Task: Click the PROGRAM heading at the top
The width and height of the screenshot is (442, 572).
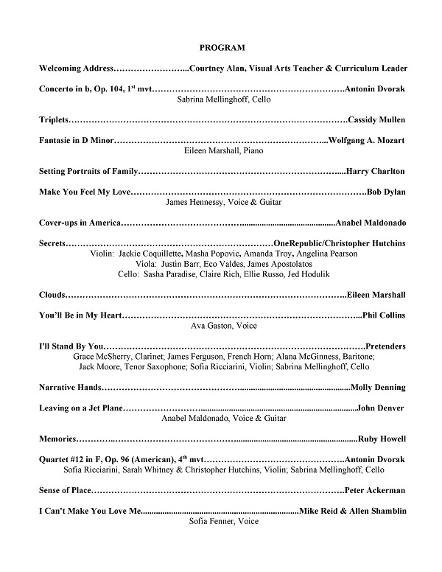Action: (x=222, y=47)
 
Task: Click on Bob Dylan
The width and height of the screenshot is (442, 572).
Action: (x=385, y=192)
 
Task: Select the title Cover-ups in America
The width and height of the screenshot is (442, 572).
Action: (x=79, y=223)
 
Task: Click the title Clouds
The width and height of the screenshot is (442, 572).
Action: (x=52, y=295)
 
